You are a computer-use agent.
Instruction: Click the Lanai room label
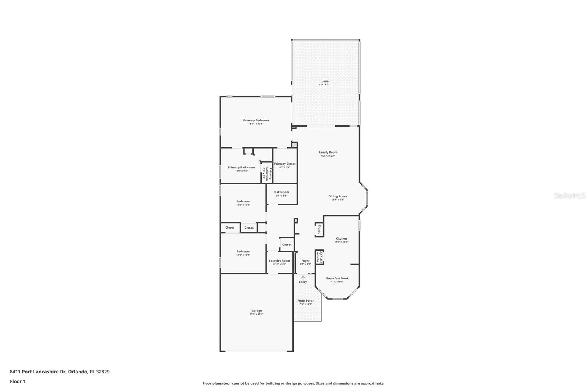tap(325, 81)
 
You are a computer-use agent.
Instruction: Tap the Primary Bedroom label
tap(256, 120)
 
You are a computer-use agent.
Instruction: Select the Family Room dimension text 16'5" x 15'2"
tap(328, 156)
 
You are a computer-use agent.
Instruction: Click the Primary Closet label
tap(285, 164)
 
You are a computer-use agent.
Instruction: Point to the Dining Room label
tap(338, 196)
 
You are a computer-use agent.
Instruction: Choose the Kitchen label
tap(341, 238)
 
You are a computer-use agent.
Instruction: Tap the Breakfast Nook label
tap(337, 278)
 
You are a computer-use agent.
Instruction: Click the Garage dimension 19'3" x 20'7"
tap(256, 314)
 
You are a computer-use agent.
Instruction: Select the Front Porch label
tap(306, 301)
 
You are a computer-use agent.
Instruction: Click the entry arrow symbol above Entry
tap(303, 277)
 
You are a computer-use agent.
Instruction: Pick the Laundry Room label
tap(279, 261)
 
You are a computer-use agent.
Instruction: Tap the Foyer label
tap(305, 261)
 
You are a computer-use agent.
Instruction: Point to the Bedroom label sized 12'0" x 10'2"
tap(243, 201)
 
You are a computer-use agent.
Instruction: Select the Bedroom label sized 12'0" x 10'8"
tap(243, 252)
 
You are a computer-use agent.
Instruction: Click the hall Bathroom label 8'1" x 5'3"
tap(281, 192)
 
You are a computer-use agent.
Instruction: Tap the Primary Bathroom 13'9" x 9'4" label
tap(241, 167)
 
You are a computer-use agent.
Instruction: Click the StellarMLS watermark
tap(570, 196)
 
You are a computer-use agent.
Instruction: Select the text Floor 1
tap(18, 381)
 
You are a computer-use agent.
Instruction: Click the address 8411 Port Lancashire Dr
tap(37, 372)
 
